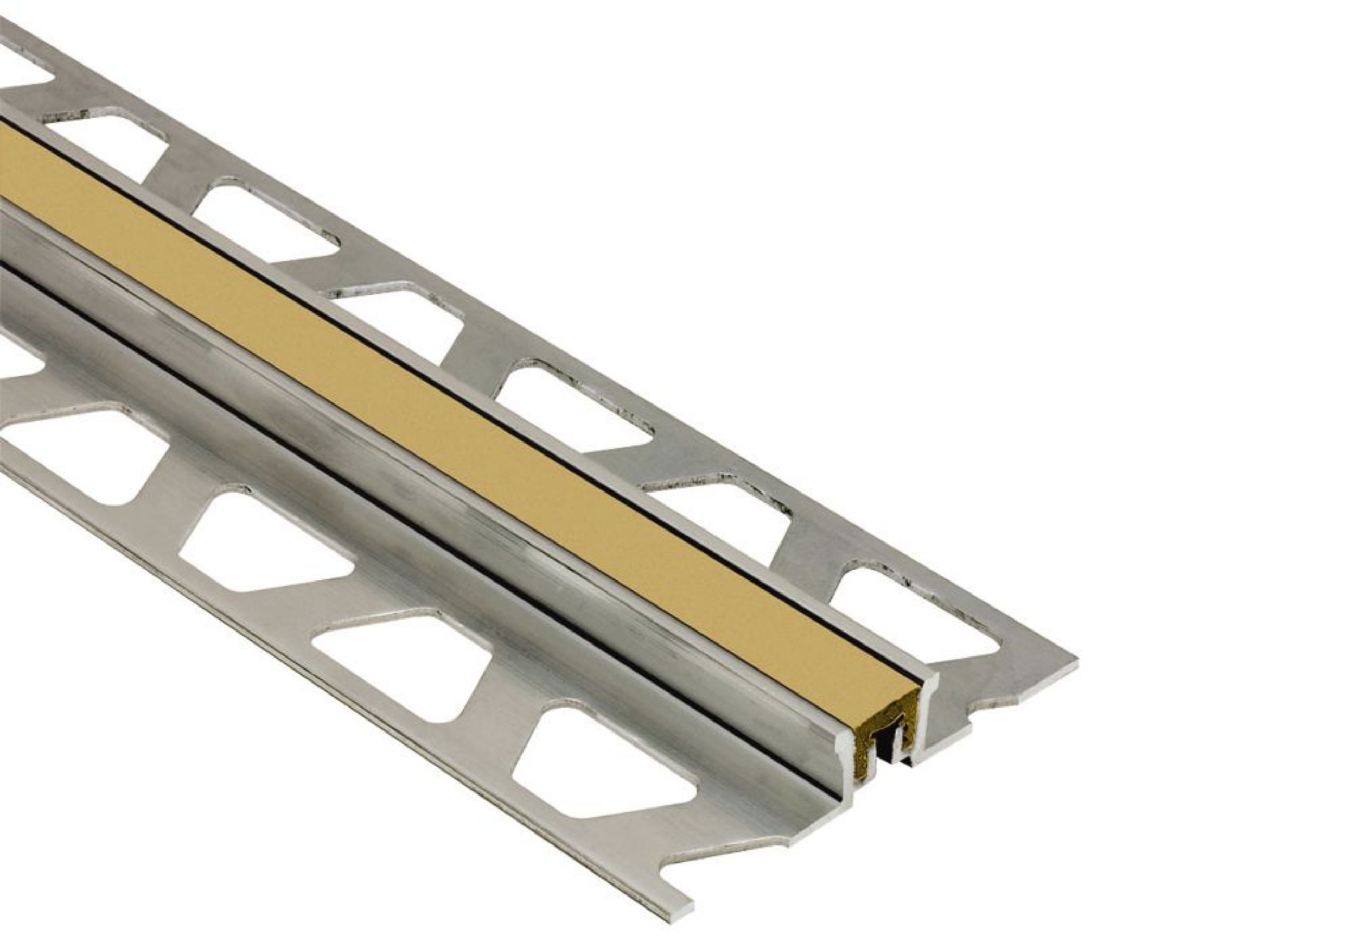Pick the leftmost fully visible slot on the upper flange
coord(103,147)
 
